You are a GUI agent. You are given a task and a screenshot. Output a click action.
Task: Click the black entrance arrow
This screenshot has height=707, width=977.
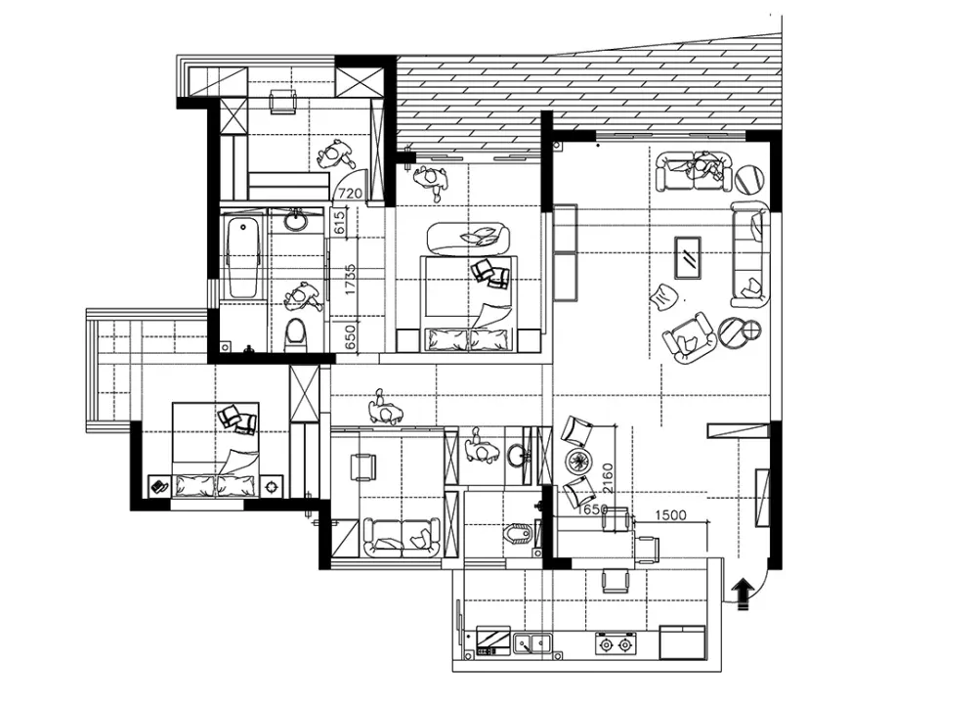click(743, 593)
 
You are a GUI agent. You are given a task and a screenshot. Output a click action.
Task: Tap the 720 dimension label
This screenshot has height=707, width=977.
click(350, 194)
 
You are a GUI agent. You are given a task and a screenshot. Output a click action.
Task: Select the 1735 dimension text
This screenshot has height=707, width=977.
click(349, 280)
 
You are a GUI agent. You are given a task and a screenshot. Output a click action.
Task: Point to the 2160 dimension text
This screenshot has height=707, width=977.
click(608, 477)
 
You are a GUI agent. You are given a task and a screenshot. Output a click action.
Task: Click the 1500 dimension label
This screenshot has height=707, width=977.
click(671, 515)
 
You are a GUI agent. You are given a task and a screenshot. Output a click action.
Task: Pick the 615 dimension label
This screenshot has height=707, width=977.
click(340, 223)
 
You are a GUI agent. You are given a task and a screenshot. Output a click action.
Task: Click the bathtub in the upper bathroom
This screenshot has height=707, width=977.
click(243, 258)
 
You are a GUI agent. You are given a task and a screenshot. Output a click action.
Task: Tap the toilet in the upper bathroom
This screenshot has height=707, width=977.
click(295, 334)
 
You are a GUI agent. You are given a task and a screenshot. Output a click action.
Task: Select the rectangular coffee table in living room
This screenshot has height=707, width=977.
click(688, 257)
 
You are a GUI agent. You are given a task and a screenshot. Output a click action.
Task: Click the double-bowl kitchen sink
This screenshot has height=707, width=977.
click(532, 642)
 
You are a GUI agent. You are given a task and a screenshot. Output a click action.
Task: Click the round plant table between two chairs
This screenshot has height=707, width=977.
click(578, 462)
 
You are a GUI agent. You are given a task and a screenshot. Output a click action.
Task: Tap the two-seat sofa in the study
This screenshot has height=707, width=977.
click(402, 537)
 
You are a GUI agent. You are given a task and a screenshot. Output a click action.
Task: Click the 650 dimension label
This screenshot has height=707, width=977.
click(350, 337)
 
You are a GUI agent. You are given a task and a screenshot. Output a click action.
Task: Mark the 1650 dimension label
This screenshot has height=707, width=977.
click(592, 509)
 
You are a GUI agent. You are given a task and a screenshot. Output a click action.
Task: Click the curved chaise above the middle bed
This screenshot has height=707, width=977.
click(469, 239)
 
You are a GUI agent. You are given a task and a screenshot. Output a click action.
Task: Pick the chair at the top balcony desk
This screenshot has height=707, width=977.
click(283, 102)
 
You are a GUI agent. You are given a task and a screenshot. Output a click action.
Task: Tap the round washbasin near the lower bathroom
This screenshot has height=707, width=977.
click(516, 456)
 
